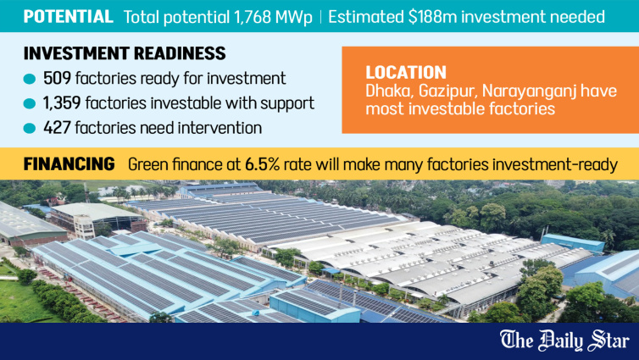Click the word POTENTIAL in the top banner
pyautogui.click(x=68, y=17)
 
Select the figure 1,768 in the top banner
pyautogui.click(x=253, y=17)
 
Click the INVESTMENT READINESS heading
pyautogui.click(x=125, y=53)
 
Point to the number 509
pyautogui.click(x=57, y=78)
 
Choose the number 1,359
pyautogui.click(x=62, y=103)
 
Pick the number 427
pyautogui.click(x=57, y=128)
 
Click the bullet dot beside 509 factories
pyautogui.click(x=30, y=79)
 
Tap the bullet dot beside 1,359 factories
pyautogui.click(x=30, y=104)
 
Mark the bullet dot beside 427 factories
pyautogui.click(x=30, y=129)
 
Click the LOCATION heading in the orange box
pyautogui.click(x=406, y=73)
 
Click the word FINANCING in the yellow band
pyautogui.click(x=69, y=164)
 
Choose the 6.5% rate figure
pyautogui.click(x=262, y=164)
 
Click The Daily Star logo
pyautogui.click(x=564, y=341)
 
